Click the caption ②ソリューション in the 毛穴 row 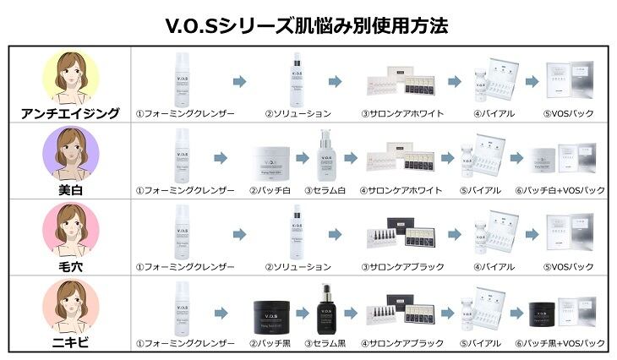(x=298, y=267)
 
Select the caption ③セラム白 (x=327, y=191)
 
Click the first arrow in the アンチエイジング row (x=239, y=81)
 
